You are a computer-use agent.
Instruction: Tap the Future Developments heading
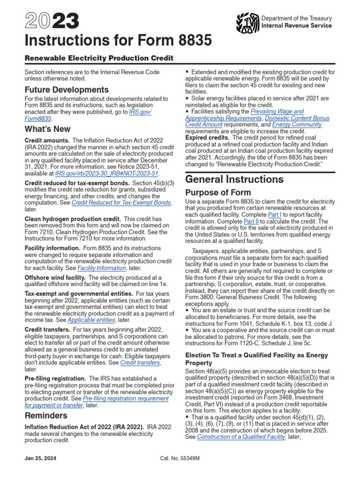(67, 90)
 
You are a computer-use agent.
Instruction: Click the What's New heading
(47, 129)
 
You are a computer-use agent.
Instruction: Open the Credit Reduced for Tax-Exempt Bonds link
(121, 202)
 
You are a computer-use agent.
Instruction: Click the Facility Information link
(102, 268)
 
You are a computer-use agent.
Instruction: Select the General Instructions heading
(234, 179)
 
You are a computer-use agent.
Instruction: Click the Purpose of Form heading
(218, 193)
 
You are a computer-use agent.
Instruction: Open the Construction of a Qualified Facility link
(241, 436)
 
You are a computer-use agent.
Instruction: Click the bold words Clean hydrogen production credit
(73, 218)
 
